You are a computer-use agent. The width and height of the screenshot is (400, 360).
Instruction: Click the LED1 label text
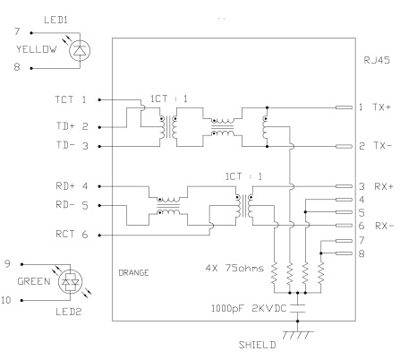tap(55, 20)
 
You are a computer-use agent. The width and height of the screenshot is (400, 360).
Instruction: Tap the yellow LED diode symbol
tap(80, 51)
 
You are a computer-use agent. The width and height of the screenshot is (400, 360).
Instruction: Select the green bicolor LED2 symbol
tap(70, 282)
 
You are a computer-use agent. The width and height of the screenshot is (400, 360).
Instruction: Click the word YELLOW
tap(37, 49)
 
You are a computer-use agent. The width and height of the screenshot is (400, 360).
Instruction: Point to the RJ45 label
tap(377, 60)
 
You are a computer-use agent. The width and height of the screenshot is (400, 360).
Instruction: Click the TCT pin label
tap(64, 99)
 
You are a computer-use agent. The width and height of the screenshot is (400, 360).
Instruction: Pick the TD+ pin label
tap(65, 126)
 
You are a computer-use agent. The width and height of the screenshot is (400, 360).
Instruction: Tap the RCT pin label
tap(64, 234)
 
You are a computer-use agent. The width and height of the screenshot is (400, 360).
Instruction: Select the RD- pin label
tap(65, 205)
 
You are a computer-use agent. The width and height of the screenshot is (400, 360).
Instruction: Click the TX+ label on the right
tap(381, 107)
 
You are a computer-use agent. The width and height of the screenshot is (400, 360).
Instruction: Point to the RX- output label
tap(384, 226)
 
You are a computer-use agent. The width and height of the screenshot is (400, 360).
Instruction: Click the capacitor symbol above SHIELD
tap(297, 308)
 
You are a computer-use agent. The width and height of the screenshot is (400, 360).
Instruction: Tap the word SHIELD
tap(257, 345)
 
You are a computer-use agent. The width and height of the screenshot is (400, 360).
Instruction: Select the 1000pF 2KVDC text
tap(249, 308)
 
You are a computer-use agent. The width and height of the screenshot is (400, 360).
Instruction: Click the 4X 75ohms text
tap(234, 268)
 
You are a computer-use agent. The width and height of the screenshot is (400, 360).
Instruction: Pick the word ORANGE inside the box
tap(133, 273)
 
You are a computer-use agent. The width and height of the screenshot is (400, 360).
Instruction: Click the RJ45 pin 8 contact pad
tap(344, 253)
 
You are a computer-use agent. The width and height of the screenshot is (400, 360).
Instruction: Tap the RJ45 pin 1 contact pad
tap(344, 107)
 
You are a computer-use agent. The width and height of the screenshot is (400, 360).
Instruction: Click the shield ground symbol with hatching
tap(298, 335)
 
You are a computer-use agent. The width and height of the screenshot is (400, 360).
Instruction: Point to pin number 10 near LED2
tap(6, 300)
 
